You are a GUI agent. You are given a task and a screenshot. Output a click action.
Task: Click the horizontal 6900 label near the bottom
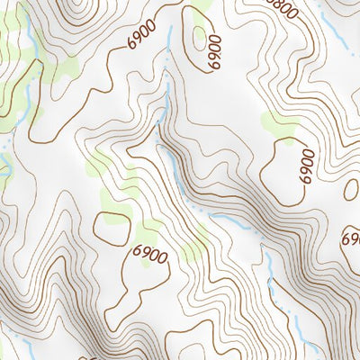pyautogui.click(x=150, y=255)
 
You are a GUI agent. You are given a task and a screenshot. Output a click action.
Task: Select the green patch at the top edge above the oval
pyautogui.click(x=203, y=4)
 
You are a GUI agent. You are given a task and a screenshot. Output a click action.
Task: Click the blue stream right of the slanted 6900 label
pyautogui.click(x=169, y=45)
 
